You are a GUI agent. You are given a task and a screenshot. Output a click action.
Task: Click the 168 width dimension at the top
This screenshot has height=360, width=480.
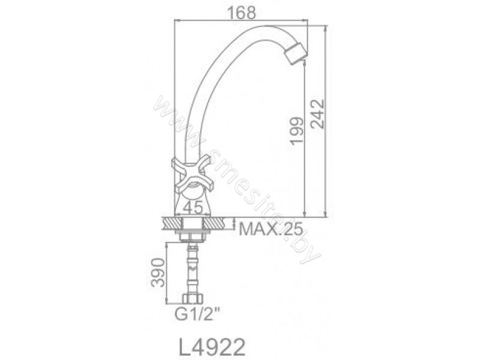point(241,13)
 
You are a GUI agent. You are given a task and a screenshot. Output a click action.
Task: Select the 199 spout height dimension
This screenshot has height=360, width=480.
point(297,130)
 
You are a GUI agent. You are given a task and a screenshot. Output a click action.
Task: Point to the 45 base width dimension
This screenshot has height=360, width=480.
point(194,208)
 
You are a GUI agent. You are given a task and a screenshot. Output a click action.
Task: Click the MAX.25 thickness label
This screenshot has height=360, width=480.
point(271,229)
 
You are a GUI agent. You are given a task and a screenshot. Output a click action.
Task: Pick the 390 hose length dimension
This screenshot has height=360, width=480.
point(158,272)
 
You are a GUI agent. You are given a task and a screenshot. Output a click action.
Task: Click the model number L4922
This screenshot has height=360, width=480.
point(212,347)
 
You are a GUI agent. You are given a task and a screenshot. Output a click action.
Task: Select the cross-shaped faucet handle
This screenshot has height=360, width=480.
point(191,175)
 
